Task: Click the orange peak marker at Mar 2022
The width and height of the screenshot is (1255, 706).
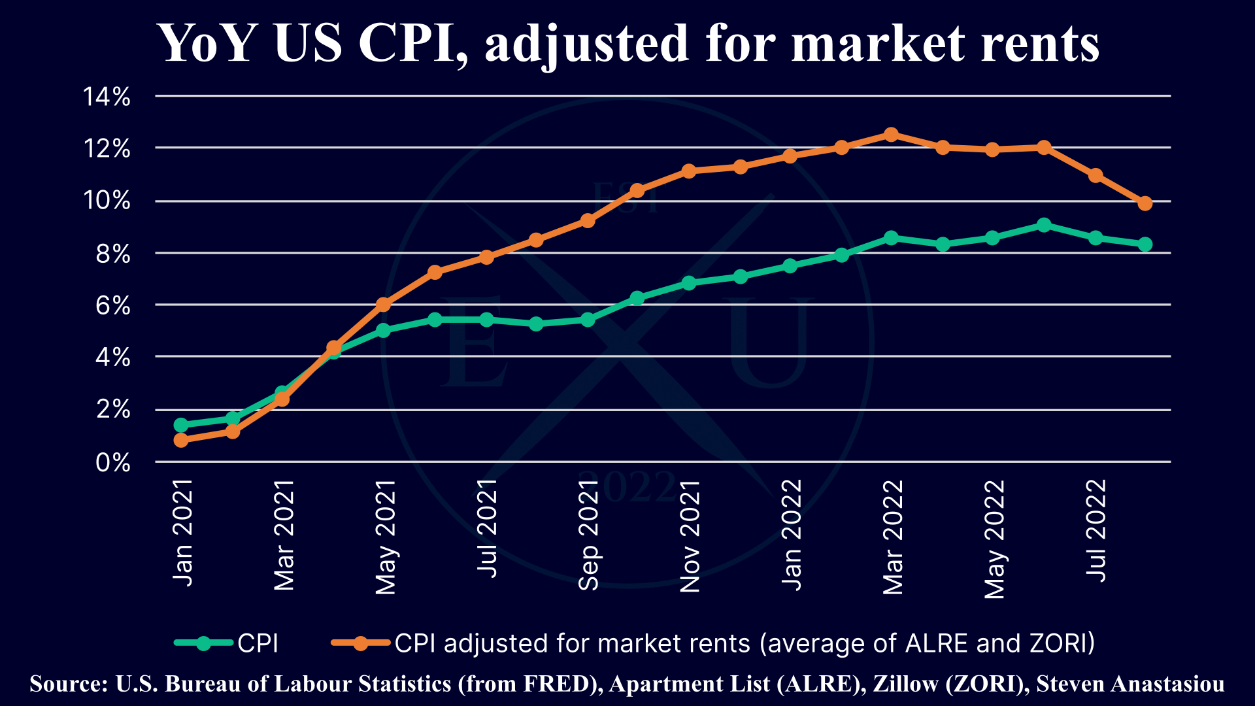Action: click(x=891, y=135)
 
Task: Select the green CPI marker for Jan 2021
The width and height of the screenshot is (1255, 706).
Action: click(x=181, y=425)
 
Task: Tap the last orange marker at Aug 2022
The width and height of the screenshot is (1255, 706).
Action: click(x=1145, y=203)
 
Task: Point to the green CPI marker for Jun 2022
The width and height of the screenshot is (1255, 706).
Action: click(x=1044, y=225)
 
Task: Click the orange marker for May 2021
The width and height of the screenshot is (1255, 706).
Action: click(x=384, y=305)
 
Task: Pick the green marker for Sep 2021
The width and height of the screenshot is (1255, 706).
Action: click(x=588, y=320)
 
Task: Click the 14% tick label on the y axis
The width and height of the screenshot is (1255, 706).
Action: click(x=107, y=97)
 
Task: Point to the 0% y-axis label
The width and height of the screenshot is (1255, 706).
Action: click(x=112, y=463)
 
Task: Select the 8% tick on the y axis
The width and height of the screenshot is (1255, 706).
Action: click(x=112, y=254)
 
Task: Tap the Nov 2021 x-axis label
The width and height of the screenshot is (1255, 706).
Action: click(x=690, y=536)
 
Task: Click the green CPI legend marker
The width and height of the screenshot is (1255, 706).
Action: click(x=203, y=643)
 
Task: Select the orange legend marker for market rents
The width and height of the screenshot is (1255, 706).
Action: click(x=360, y=643)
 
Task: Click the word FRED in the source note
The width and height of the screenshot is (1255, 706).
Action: click(x=560, y=684)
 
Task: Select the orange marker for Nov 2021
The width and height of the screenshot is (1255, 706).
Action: click(x=688, y=171)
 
